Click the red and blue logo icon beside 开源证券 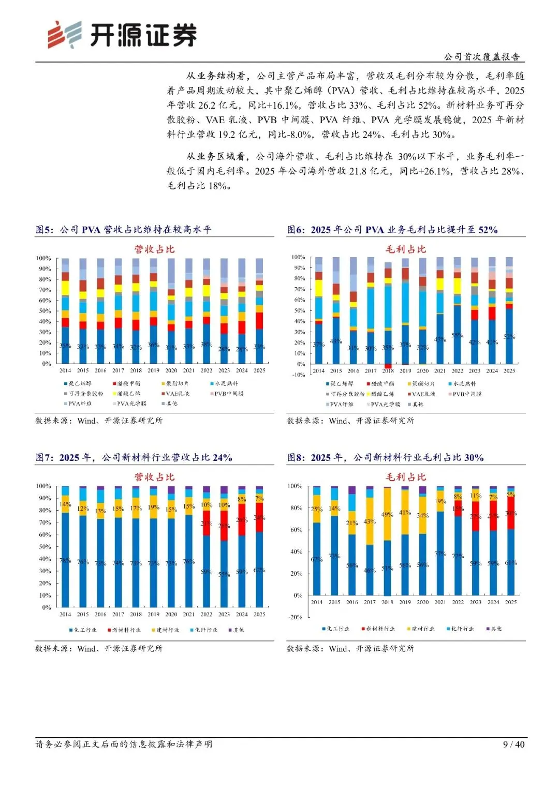65,35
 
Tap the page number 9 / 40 513,744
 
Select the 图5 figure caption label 45,230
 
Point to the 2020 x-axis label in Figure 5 171,370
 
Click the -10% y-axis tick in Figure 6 299,375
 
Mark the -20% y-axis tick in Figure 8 295,617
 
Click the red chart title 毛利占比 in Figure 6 406,249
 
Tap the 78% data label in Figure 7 65,560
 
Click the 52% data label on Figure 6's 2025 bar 509,337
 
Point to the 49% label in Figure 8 387,515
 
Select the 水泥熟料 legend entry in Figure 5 226,384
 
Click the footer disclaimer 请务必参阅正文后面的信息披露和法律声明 124,744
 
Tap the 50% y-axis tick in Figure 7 43,547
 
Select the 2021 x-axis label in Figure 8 440,602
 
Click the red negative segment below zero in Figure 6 388,366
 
